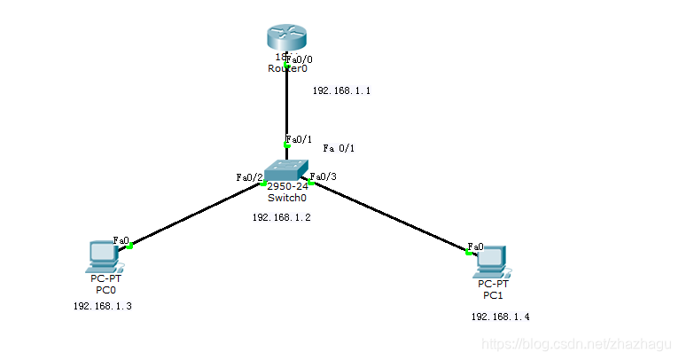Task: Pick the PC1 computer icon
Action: coord(492,260)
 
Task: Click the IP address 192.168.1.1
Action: coord(341,91)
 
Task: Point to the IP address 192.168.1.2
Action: coord(281,217)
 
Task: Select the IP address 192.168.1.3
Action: coord(102,306)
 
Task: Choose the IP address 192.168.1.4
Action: coord(500,317)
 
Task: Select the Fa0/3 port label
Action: coord(324,176)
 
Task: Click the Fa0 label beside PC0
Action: coord(121,240)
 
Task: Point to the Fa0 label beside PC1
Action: coord(475,247)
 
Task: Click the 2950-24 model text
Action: coord(287,186)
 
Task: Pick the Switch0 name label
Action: coord(286,198)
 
